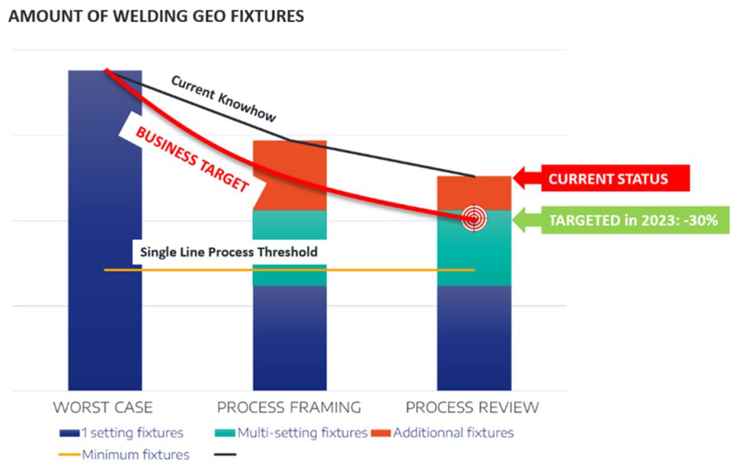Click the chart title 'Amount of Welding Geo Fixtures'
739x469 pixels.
pyautogui.click(x=156, y=16)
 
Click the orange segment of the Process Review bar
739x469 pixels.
pyautogui.click(x=474, y=193)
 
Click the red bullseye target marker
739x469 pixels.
pyautogui.click(x=474, y=219)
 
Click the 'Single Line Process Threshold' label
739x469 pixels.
pyautogui.click(x=228, y=252)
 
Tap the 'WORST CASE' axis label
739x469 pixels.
pyautogui.click(x=103, y=407)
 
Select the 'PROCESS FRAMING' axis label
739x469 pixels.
pyautogui.click(x=289, y=407)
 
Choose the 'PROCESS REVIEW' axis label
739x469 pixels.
pyautogui.click(x=472, y=407)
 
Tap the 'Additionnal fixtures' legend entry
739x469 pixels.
pyautogui.click(x=443, y=433)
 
